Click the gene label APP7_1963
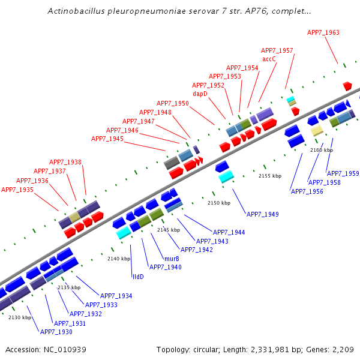coord(323,32)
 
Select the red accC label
coord(269,59)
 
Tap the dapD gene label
coord(200,94)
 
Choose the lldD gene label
coord(138,277)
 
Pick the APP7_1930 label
coord(56,332)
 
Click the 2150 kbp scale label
coord(218,203)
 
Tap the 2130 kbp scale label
coord(19,317)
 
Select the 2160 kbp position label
coord(321,150)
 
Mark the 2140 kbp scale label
coord(119,259)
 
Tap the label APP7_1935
coord(17,190)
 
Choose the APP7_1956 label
coord(307,191)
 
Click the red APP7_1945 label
coord(107,139)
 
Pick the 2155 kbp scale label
coord(269,176)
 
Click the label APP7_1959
coord(343,173)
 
